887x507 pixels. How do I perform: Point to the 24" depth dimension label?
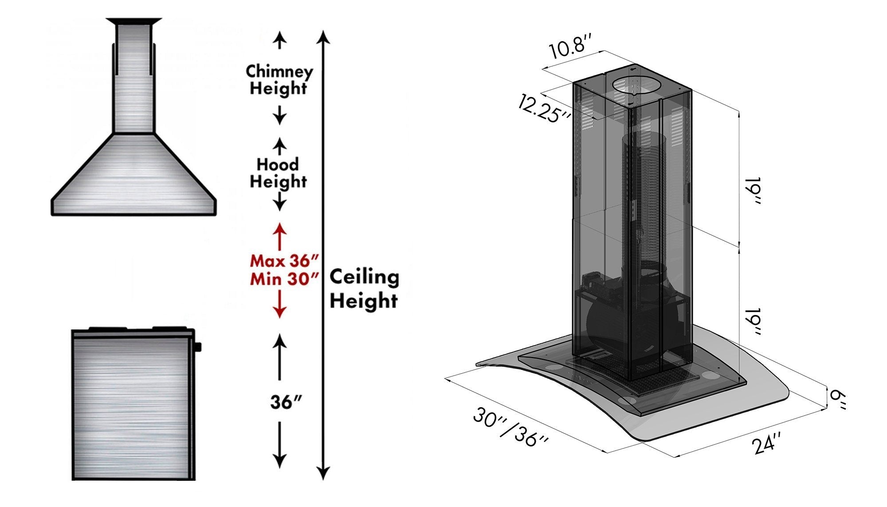click(766, 442)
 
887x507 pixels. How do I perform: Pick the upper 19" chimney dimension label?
click(753, 191)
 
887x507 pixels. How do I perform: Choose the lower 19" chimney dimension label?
click(753, 321)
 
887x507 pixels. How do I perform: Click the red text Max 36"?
click(284, 260)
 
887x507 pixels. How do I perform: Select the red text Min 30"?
click(284, 279)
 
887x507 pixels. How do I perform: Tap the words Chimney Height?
click(279, 79)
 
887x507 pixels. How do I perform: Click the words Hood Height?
click(278, 173)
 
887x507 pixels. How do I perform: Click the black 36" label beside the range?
click(286, 402)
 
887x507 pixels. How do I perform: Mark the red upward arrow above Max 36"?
click(279, 236)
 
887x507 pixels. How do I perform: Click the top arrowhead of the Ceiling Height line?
click(324, 36)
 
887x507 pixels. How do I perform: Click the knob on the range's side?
click(197, 347)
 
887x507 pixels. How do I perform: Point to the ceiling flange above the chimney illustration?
click(133, 21)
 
